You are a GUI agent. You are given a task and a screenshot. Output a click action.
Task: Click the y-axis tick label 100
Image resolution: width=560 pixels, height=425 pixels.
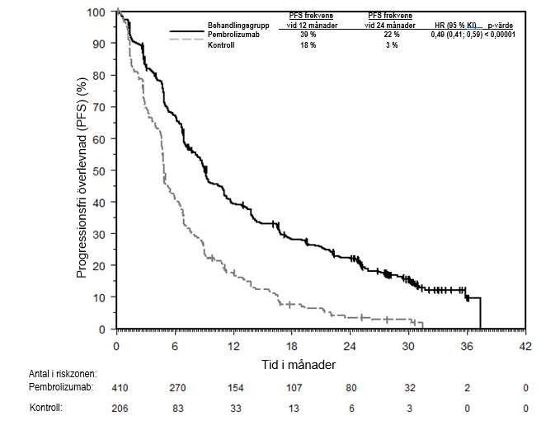pyautogui.click(x=97, y=12)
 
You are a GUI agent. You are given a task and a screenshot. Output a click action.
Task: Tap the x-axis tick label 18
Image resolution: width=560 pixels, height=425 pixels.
pyautogui.click(x=292, y=344)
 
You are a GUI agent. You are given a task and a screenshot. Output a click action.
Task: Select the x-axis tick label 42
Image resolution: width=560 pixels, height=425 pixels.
pyautogui.click(x=525, y=344)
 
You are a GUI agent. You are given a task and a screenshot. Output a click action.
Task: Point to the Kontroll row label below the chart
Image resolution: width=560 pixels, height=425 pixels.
pyautogui.click(x=46, y=408)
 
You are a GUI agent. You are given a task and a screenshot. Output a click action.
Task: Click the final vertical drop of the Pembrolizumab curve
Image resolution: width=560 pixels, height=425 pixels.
pyautogui.click(x=480, y=313)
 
